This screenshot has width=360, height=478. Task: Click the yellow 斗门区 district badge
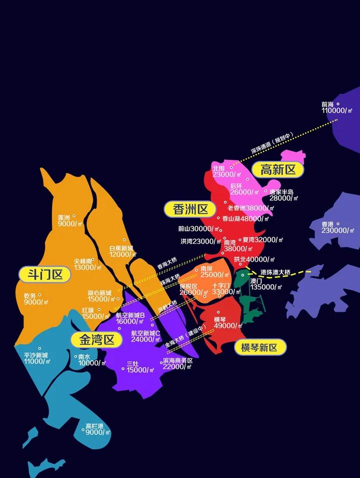tap(44, 274)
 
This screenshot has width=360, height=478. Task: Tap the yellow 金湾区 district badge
tap(97, 340)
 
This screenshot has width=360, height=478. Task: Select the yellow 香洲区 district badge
tap(190, 209)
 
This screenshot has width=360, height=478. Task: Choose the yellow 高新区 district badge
tap(278, 169)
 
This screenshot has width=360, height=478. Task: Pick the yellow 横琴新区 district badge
tap(260, 347)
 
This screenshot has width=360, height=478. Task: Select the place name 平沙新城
tap(35, 355)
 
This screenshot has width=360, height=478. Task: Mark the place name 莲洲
tap(64, 218)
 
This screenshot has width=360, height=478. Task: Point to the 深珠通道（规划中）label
tap(272, 142)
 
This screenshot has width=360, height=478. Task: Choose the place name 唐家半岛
tap(281, 192)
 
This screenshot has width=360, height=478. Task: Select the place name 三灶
tap(132, 364)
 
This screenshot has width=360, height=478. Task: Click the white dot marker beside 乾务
tap(40, 295)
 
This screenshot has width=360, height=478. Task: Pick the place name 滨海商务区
tap(177, 360)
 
